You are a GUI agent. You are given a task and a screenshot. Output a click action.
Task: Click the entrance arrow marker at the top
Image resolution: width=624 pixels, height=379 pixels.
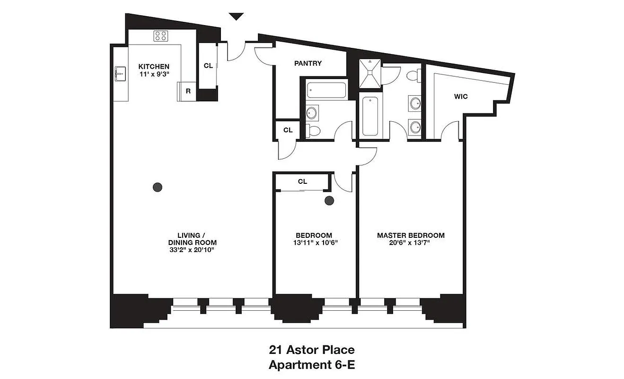tap(236, 17)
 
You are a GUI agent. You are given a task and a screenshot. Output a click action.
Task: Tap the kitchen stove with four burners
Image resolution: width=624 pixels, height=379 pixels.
tap(161, 36)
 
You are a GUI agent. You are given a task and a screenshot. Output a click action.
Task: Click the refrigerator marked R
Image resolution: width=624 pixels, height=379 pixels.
tap(188, 91)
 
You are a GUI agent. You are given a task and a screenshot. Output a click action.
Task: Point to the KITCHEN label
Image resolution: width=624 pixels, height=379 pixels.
tap(153, 66)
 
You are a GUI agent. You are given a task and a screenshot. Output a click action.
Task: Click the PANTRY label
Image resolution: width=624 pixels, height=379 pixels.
tap(308, 63)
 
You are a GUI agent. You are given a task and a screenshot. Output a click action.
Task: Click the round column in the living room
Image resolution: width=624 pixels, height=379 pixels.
tap(158, 187)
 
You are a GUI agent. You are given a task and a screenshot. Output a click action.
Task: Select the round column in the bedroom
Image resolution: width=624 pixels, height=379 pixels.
tap(329, 201)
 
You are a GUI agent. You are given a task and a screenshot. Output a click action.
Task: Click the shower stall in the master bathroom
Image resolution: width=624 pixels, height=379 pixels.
tap(369, 73)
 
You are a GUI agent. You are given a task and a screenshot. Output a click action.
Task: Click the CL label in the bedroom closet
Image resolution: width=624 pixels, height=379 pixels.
tap(302, 181)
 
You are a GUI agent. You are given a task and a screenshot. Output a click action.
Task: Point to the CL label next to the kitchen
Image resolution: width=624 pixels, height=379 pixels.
tap(208, 66)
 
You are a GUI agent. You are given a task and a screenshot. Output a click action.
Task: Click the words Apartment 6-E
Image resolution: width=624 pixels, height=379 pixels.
tap(312, 365)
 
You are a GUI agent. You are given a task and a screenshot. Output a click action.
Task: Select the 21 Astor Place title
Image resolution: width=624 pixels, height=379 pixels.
tap(312, 351)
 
